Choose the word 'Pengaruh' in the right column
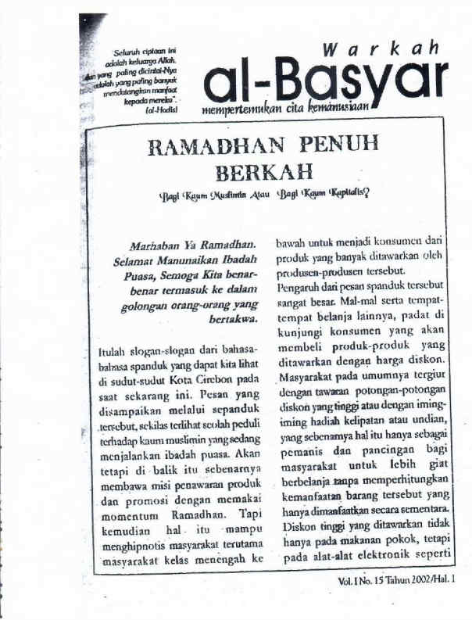pyautogui.click(x=297, y=289)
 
